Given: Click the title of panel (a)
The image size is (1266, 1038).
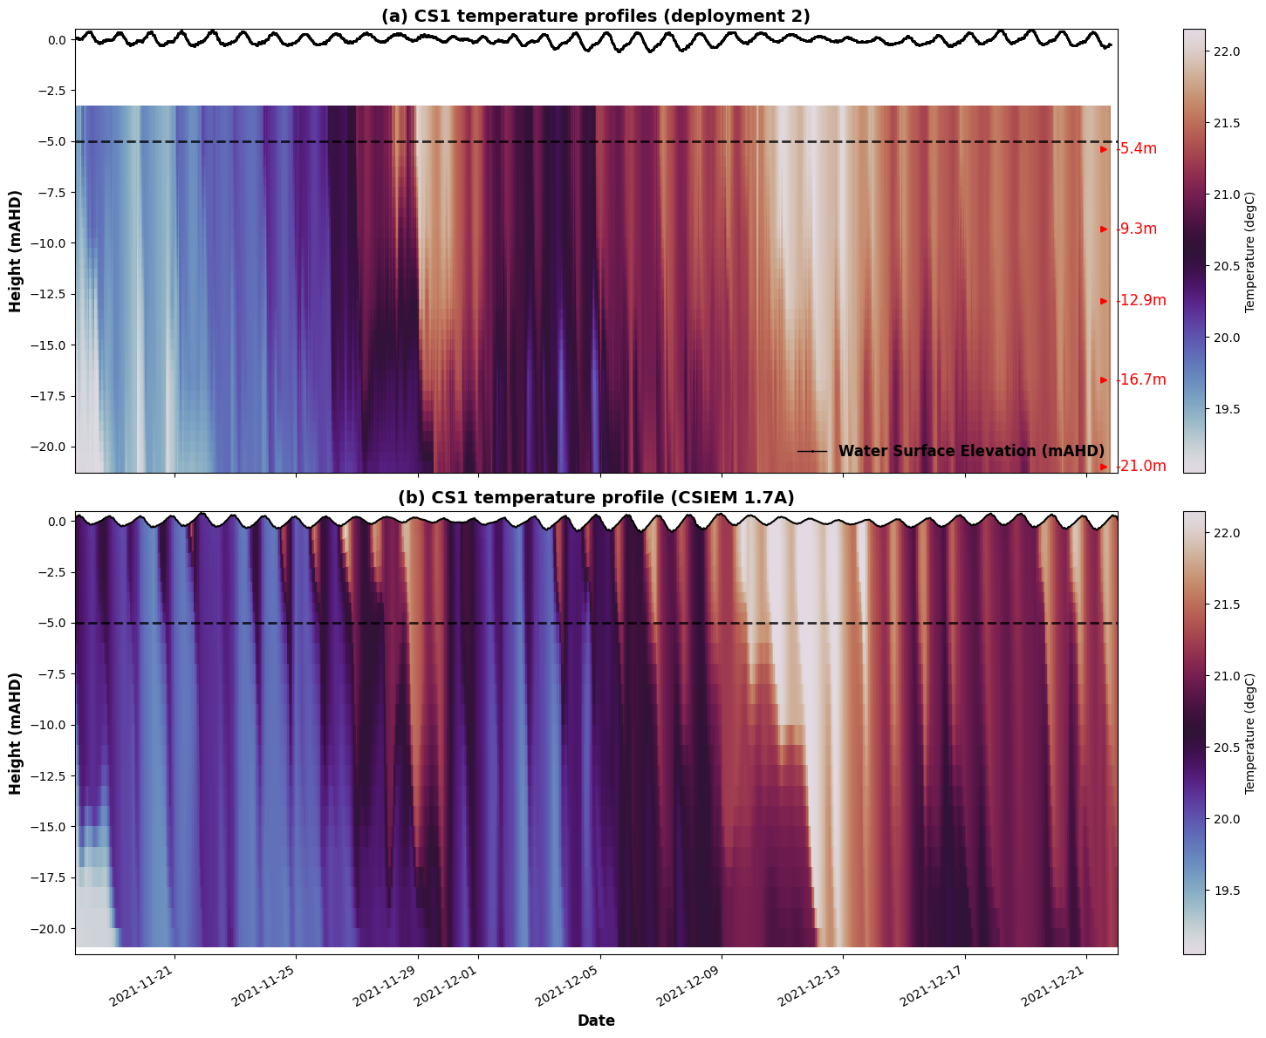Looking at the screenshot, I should [596, 16].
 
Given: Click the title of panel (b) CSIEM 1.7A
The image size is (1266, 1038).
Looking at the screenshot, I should [596, 497].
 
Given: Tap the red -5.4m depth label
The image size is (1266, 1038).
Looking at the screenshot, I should [1138, 149].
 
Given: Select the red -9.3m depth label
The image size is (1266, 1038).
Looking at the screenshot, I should [1138, 229].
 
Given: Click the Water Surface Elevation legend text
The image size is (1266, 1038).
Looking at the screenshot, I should [971, 451].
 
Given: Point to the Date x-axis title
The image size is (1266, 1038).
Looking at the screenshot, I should [596, 1021].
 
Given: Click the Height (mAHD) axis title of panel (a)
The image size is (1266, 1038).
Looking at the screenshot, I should [16, 251].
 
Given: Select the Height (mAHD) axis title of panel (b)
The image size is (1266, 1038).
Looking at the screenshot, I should [16, 733].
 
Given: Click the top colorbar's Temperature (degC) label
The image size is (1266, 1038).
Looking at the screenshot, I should [1249, 251].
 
